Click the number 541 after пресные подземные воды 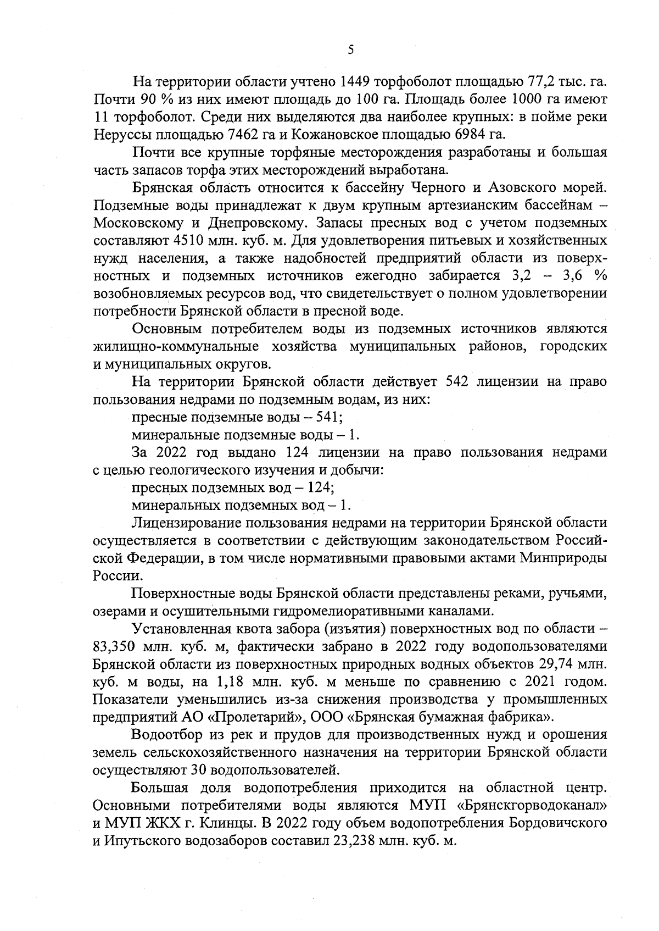coord(329,417)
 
